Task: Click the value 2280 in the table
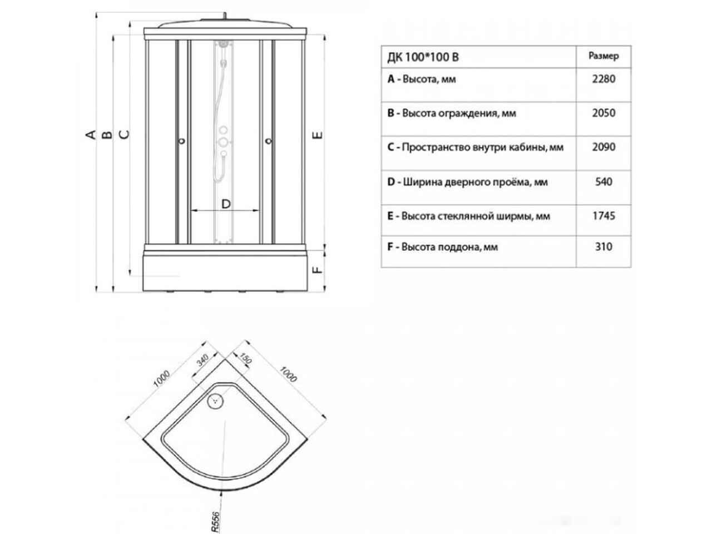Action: [604, 79]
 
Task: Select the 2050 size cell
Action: [604, 113]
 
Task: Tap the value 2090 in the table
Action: [604, 147]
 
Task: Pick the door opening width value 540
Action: [604, 181]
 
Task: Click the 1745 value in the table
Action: [604, 216]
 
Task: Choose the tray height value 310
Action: [604, 247]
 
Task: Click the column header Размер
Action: [604, 56]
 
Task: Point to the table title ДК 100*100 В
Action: [423, 57]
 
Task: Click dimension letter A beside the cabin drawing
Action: [91, 134]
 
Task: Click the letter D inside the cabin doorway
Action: [226, 204]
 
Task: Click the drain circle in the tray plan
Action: [215, 401]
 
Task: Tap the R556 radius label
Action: [216, 522]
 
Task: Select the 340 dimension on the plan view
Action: [202, 360]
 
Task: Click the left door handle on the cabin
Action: [182, 141]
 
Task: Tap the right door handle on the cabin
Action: [269, 141]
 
